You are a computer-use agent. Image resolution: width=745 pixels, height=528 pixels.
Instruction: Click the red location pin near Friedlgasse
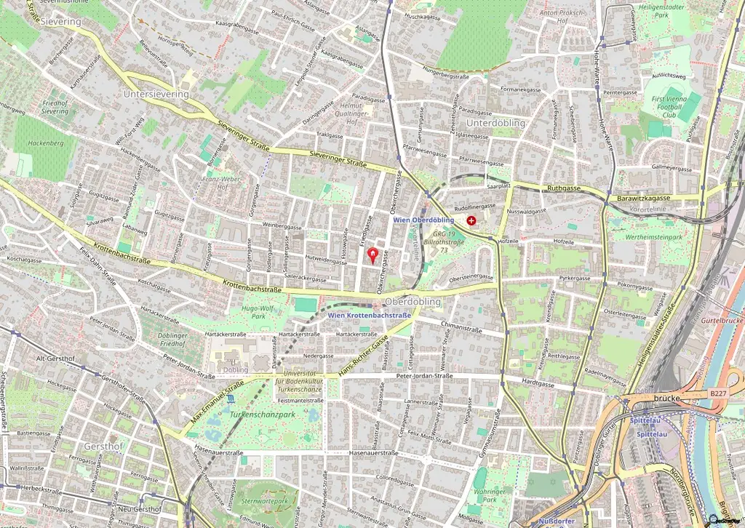(x=374, y=255)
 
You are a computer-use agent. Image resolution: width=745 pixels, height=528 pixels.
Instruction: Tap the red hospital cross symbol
(x=471, y=220)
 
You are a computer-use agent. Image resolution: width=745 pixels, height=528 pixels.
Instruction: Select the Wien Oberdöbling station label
(x=423, y=220)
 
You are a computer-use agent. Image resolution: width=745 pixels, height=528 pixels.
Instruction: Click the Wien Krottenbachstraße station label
(x=369, y=315)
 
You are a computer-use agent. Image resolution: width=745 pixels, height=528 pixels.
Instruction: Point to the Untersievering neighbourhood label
(x=156, y=94)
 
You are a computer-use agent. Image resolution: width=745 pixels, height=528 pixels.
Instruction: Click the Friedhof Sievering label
(x=55, y=108)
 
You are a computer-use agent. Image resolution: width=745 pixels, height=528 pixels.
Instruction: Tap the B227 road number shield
(x=717, y=393)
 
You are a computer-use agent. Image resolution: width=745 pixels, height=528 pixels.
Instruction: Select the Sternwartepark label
(x=265, y=501)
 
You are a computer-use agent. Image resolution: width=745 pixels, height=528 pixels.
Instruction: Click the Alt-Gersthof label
(x=55, y=358)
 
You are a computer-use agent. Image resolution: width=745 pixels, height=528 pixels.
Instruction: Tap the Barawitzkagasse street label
(x=645, y=196)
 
